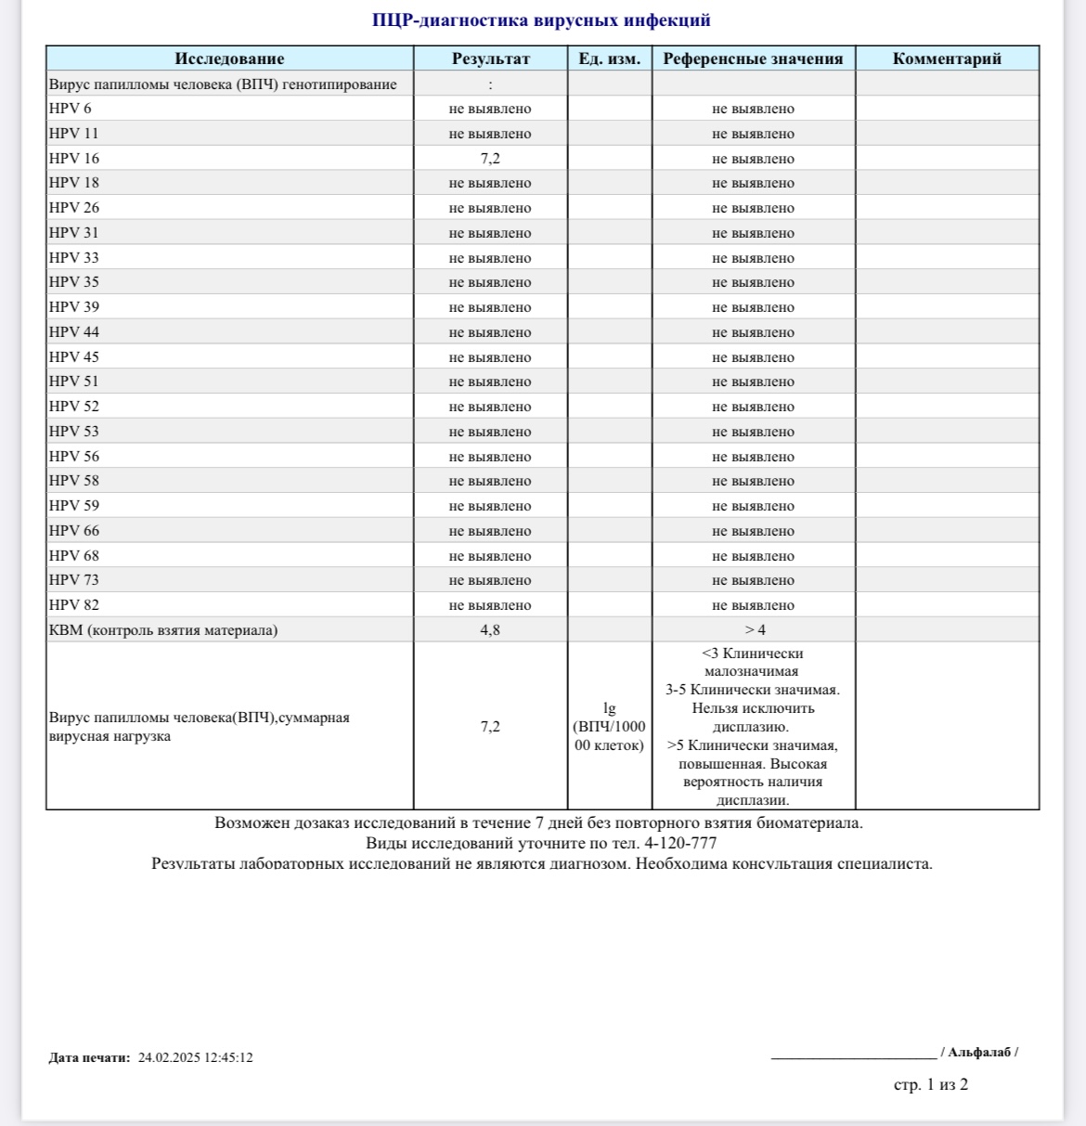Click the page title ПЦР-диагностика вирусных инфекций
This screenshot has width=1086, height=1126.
coord(541,20)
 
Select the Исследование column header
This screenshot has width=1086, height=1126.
coord(229,58)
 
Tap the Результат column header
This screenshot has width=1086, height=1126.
coord(490,58)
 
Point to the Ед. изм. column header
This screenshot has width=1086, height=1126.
coord(609,58)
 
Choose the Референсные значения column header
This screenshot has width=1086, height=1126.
coord(753,58)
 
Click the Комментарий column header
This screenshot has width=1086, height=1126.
coord(947,58)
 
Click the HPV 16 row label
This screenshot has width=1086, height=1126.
coord(74,159)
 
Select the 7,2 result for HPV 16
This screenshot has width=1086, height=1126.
coord(490,159)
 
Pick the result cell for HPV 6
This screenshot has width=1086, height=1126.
coord(490,109)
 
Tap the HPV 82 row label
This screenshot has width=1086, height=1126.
coord(74,605)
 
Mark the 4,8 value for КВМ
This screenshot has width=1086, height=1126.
coord(490,630)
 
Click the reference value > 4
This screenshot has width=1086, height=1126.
coord(754,630)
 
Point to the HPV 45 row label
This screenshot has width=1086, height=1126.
coord(74,357)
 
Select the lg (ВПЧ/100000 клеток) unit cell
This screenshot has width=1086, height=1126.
coord(609,727)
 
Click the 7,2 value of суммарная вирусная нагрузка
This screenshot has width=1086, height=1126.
coord(490,727)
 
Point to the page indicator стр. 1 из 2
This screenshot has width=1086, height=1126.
coord(930,1084)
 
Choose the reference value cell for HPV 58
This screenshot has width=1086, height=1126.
coord(754,481)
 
